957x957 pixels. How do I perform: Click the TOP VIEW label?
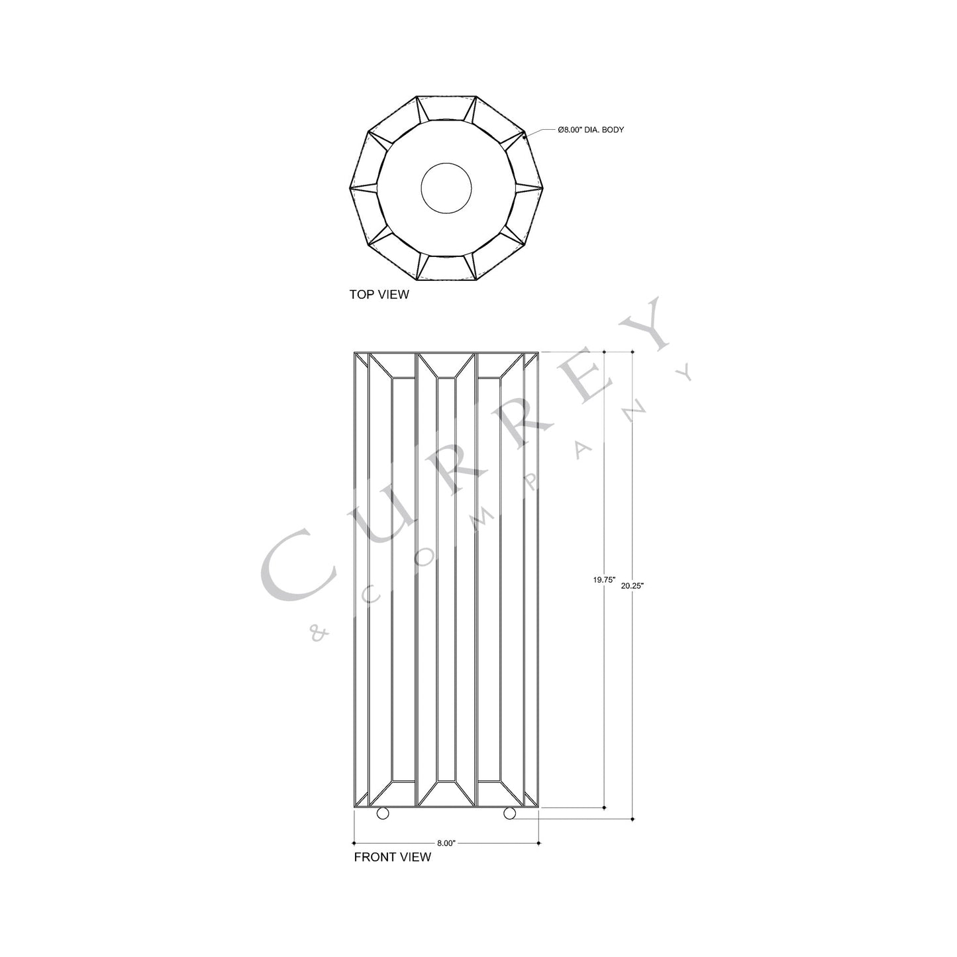click(379, 295)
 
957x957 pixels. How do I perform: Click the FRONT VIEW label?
click(392, 857)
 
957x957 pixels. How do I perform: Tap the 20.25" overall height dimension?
click(632, 585)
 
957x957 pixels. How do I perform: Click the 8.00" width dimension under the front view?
click(446, 843)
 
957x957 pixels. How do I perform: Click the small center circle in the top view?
click(446, 187)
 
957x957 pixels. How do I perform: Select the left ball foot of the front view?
click(383, 813)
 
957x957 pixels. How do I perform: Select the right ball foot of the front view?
click(509, 813)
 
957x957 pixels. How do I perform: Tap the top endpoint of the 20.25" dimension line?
click(632, 352)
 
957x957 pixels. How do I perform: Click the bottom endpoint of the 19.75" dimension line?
click(605, 807)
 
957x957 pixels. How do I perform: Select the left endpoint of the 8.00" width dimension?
click(355, 843)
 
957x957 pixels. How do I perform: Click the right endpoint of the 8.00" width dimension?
click(539, 843)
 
